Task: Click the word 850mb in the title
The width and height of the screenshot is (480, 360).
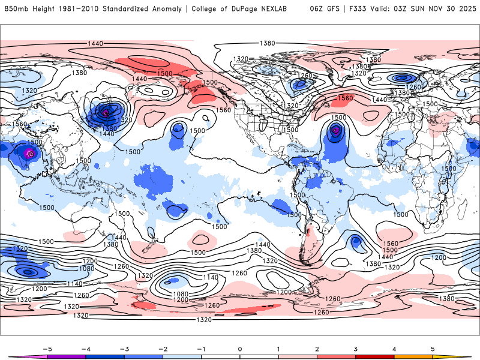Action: (17, 9)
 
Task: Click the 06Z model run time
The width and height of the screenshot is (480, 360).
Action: (316, 9)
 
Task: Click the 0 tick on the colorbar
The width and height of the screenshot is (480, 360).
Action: (239, 348)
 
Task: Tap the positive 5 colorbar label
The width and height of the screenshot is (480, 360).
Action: (433, 348)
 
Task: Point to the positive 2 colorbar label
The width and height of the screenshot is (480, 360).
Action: (317, 348)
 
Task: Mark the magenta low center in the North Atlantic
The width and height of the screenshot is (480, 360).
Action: (336, 128)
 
